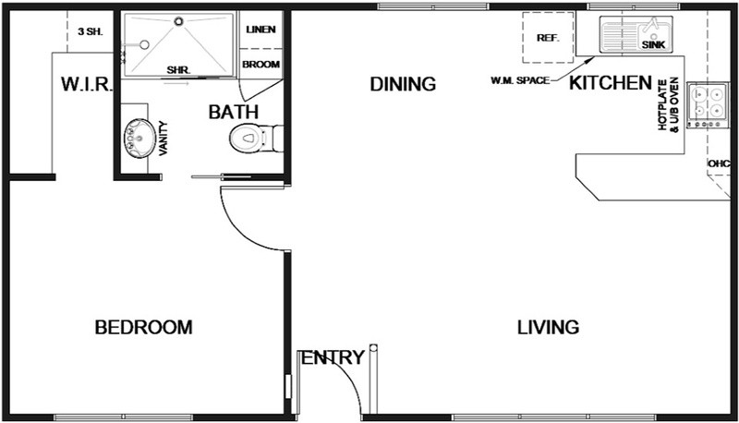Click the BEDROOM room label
pyautogui.click(x=144, y=327)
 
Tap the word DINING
pyautogui.click(x=403, y=84)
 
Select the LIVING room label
pyautogui.click(x=548, y=327)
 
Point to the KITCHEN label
pyautogui.click(x=611, y=83)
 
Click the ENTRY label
pyautogui.click(x=333, y=357)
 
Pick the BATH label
pyautogui.click(x=234, y=112)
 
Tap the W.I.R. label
pyautogui.click(x=87, y=84)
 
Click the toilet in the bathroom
pyautogui.click(x=256, y=138)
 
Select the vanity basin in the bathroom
pyautogui.click(x=139, y=138)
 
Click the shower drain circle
pyautogui.click(x=178, y=21)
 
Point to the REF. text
pyautogui.click(x=548, y=38)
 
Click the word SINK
pyautogui.click(x=653, y=44)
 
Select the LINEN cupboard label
pyautogui.click(x=260, y=30)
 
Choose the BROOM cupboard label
pyautogui.click(x=261, y=64)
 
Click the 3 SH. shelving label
pyautogui.click(x=90, y=32)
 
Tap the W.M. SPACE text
pyautogui.click(x=520, y=80)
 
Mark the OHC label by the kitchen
pyautogui.click(x=719, y=163)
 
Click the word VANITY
pyautogui.click(x=164, y=138)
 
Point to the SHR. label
pyautogui.click(x=178, y=70)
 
